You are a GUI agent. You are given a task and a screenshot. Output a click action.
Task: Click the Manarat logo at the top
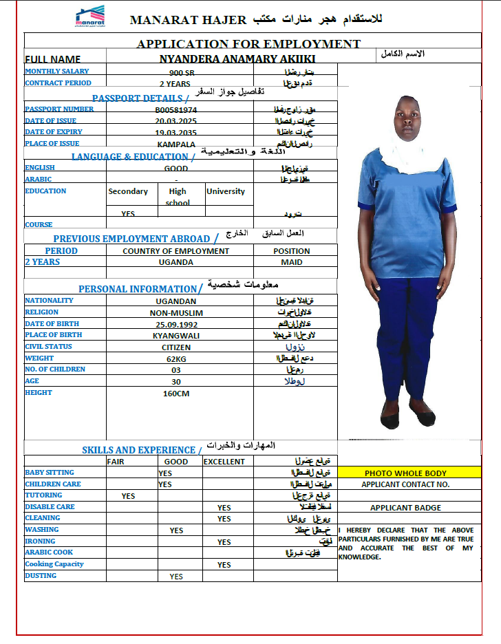[89, 17]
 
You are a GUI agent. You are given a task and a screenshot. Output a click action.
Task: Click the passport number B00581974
[175, 109]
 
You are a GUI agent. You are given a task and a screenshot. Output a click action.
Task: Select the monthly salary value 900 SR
[181, 72]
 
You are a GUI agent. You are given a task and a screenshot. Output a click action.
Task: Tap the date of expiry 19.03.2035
[175, 133]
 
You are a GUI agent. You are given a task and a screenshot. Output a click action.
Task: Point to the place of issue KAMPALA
[176, 144]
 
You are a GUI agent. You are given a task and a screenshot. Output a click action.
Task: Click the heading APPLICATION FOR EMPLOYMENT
[248, 44]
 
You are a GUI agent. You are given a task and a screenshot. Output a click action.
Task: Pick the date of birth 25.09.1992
[175, 324]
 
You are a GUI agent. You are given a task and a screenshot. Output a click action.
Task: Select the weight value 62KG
[176, 358]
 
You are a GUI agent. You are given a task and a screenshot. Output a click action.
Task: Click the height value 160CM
[176, 394]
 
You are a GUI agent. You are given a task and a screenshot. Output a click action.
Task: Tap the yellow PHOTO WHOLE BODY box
[405, 473]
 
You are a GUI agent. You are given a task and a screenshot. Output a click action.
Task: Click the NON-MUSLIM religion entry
[176, 312]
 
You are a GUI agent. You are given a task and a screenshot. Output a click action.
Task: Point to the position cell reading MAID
[292, 262]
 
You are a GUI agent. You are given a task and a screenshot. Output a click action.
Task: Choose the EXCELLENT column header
[224, 462]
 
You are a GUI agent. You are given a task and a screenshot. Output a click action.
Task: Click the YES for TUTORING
[128, 496]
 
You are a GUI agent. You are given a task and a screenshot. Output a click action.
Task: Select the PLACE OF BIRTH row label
[53, 335]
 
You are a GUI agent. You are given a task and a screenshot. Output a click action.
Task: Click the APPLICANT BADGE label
[405, 508]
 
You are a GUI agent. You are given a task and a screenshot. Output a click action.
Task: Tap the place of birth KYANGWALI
[176, 336]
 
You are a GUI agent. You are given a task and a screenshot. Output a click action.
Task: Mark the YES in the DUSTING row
[176, 577]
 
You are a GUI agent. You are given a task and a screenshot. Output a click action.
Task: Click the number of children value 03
[176, 370]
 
